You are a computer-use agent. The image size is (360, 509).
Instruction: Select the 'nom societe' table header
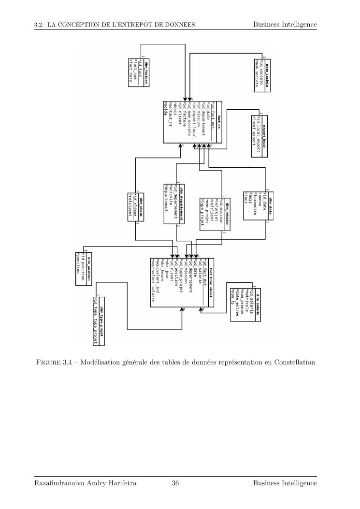(x=267, y=72)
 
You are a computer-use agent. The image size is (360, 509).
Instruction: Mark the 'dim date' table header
(x=271, y=204)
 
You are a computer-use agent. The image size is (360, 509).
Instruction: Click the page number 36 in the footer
(x=175, y=483)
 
